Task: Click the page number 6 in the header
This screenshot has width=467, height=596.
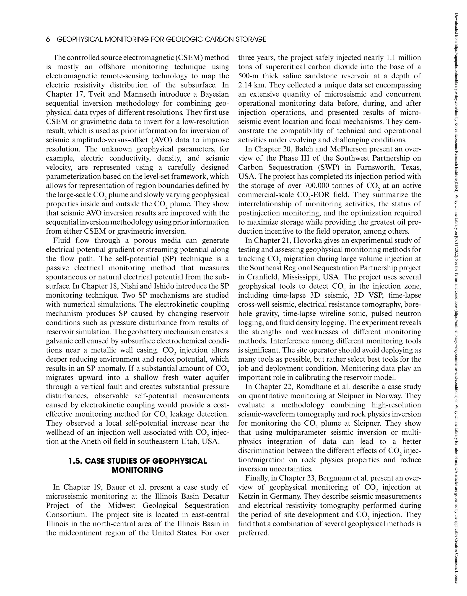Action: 48,40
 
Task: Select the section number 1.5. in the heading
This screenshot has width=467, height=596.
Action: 75,461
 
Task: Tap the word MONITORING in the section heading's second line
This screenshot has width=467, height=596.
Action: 138,470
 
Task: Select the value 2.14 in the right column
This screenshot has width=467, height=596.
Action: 245,85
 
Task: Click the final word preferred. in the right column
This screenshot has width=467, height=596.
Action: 254,533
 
